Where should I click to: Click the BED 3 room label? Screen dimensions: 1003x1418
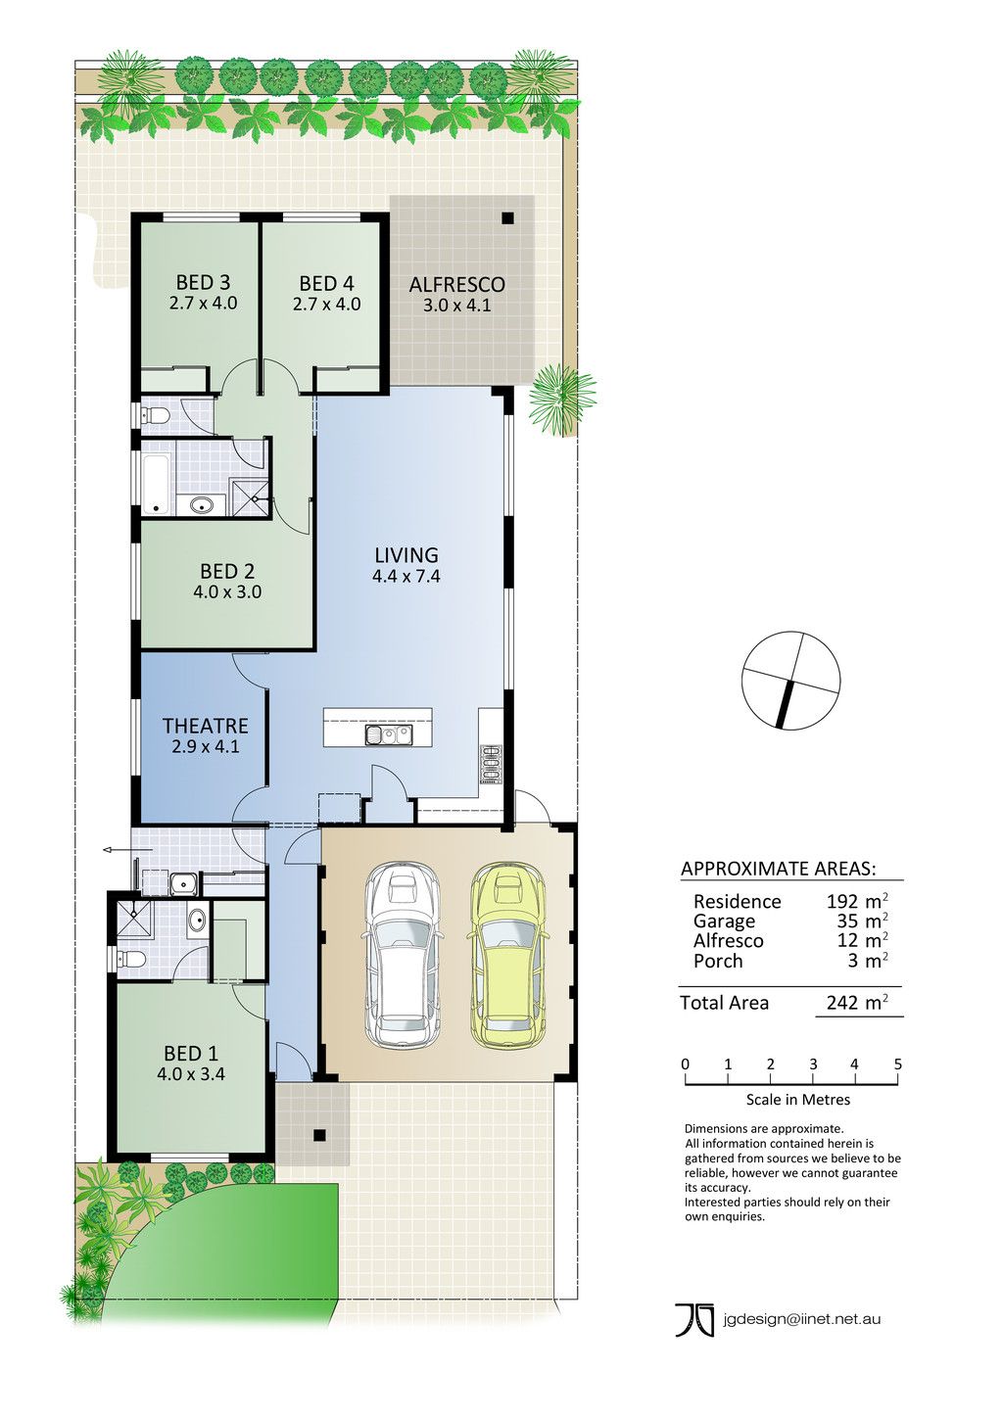coord(204,282)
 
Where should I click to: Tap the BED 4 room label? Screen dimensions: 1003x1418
coord(326,283)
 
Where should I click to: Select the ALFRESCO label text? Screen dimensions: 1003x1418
coord(456,284)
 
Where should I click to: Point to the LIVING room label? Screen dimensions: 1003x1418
coord(406,554)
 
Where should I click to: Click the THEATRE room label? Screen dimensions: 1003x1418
coord(205,726)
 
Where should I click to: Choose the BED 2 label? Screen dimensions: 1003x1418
coord(227,571)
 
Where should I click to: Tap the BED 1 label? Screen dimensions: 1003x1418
coord(191,1053)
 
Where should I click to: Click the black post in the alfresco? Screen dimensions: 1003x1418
coord(507,218)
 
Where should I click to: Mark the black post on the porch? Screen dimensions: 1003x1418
coord(319,1135)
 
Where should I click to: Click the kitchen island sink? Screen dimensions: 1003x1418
coord(388,735)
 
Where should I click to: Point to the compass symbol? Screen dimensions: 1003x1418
coord(790,681)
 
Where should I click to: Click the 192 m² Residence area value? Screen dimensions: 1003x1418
coord(857,901)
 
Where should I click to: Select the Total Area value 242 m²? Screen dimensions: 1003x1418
coord(857,1003)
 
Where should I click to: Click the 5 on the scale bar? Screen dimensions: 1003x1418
coord(897,1064)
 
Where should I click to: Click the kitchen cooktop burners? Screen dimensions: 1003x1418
coord(492,766)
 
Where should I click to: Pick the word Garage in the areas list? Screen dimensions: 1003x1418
coord(725,922)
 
